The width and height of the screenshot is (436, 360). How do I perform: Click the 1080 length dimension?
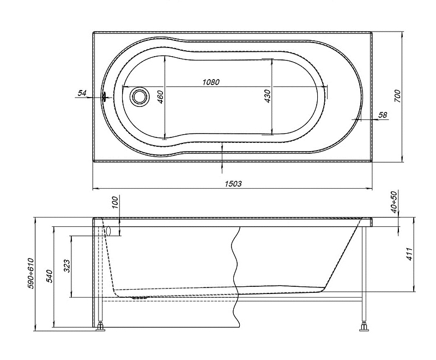[211, 82]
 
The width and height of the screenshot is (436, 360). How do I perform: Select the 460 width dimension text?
[161, 97]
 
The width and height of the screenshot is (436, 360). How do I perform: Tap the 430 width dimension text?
[267, 96]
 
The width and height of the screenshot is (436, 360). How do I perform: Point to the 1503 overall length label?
[233, 184]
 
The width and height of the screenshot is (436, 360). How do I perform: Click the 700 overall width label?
[398, 96]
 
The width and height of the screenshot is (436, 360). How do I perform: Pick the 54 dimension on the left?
[82, 93]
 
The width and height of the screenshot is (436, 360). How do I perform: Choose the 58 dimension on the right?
[383, 115]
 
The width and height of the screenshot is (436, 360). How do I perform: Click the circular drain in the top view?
[139, 96]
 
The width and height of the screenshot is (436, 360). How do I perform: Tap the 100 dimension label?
[115, 202]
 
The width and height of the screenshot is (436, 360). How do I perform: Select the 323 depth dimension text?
[66, 266]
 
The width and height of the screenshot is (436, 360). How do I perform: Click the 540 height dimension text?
[49, 276]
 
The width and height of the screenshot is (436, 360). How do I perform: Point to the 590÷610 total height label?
[31, 273]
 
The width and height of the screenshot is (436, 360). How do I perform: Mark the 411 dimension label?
[410, 254]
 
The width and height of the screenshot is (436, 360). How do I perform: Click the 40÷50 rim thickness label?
[394, 202]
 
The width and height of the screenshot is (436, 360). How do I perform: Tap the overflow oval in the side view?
[108, 231]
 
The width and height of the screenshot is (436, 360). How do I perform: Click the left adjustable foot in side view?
[101, 326]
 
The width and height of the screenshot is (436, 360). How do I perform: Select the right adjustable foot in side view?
[364, 326]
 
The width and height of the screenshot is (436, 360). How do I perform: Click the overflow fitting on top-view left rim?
[105, 97]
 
